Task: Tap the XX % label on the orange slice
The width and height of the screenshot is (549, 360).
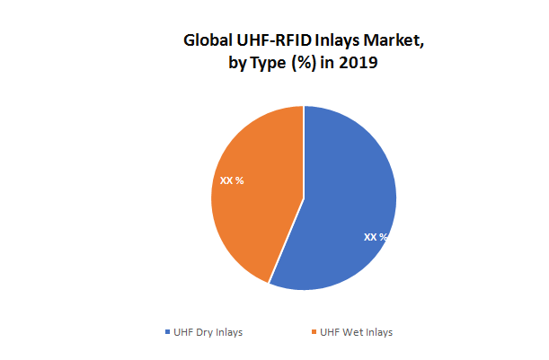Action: click(232, 180)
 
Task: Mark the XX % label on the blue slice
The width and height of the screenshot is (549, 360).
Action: click(376, 237)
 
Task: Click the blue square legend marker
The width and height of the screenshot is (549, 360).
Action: click(168, 333)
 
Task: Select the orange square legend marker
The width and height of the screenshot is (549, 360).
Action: click(314, 333)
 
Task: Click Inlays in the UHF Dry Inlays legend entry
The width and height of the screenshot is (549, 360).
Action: click(229, 332)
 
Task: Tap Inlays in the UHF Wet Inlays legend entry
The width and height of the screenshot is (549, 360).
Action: click(377, 332)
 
